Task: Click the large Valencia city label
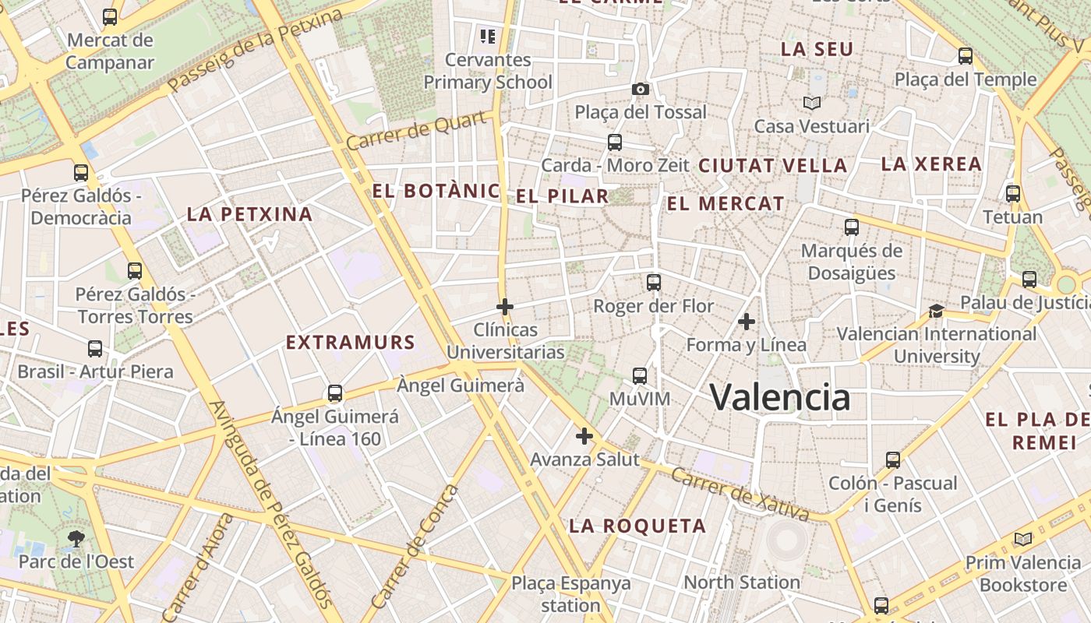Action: tap(780, 397)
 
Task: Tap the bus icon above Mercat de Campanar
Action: tap(110, 17)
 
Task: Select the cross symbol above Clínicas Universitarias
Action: tap(505, 307)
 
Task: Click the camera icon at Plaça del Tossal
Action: tap(641, 89)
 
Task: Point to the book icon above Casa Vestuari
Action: tap(812, 103)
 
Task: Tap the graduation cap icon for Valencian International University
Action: tap(936, 311)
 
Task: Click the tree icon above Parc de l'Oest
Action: tap(76, 538)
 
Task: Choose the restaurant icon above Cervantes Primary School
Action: tap(488, 36)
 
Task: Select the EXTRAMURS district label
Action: tap(350, 343)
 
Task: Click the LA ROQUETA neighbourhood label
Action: tap(637, 526)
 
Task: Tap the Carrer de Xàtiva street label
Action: tap(740, 494)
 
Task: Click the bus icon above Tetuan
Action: tap(1013, 194)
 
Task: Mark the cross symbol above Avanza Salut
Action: tap(584, 436)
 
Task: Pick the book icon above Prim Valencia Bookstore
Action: tap(1022, 539)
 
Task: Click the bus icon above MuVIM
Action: tap(640, 376)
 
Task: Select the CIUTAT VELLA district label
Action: tap(772, 166)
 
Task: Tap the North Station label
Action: tap(741, 583)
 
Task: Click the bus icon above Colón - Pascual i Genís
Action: tap(893, 460)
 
